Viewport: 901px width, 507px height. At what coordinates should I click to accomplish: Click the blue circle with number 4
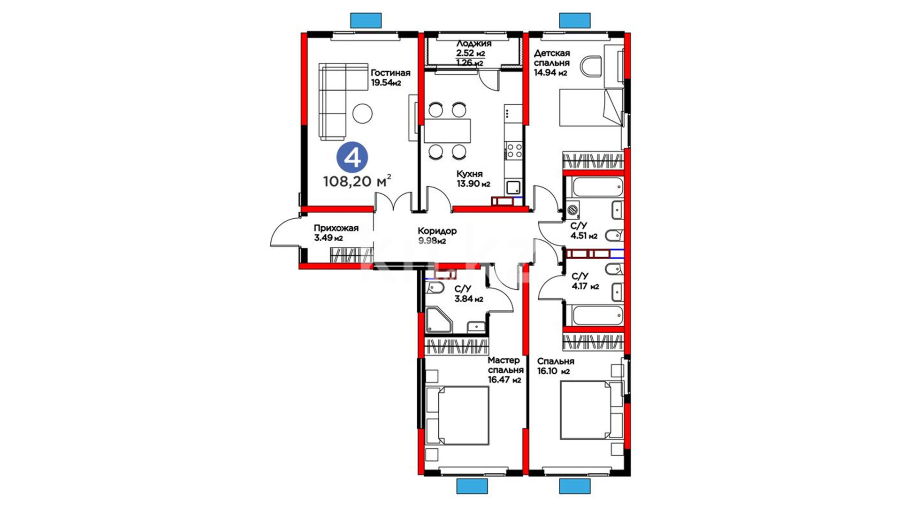352,157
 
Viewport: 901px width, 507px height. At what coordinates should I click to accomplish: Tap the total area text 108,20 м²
357,181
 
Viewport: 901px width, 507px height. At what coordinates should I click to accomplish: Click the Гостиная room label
390,73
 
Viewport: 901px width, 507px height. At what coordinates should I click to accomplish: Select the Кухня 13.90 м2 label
473,179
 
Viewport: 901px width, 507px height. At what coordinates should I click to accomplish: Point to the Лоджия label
474,44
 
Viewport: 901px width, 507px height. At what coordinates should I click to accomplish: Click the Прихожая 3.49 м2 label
336,233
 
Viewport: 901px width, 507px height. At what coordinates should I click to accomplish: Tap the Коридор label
437,231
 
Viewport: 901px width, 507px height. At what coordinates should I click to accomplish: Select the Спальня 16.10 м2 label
556,366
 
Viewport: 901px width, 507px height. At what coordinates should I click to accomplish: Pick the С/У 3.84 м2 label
469,294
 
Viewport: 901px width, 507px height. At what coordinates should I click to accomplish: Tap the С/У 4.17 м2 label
585,281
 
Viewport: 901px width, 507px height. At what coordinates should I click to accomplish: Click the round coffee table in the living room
362,113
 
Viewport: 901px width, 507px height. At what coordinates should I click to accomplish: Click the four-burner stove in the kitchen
513,151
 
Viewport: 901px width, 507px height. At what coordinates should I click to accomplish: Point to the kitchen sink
513,187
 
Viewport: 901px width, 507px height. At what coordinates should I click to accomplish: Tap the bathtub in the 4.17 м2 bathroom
597,315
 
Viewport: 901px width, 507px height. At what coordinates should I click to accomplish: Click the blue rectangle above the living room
366,20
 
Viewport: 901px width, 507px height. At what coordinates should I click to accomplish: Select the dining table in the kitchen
447,131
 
